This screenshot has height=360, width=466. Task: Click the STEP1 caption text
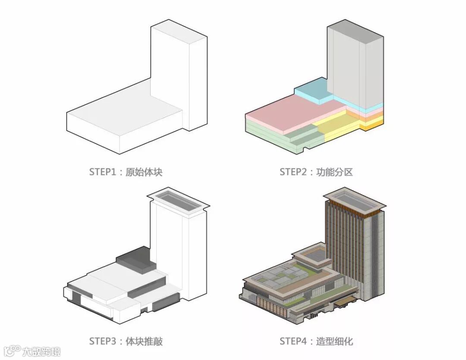[x=126, y=172]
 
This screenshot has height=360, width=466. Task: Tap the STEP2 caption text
[x=316, y=172]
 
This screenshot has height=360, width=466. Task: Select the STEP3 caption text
[x=126, y=341]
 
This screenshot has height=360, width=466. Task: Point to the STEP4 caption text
[x=316, y=341]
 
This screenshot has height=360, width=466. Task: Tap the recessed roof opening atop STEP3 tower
[x=179, y=200]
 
